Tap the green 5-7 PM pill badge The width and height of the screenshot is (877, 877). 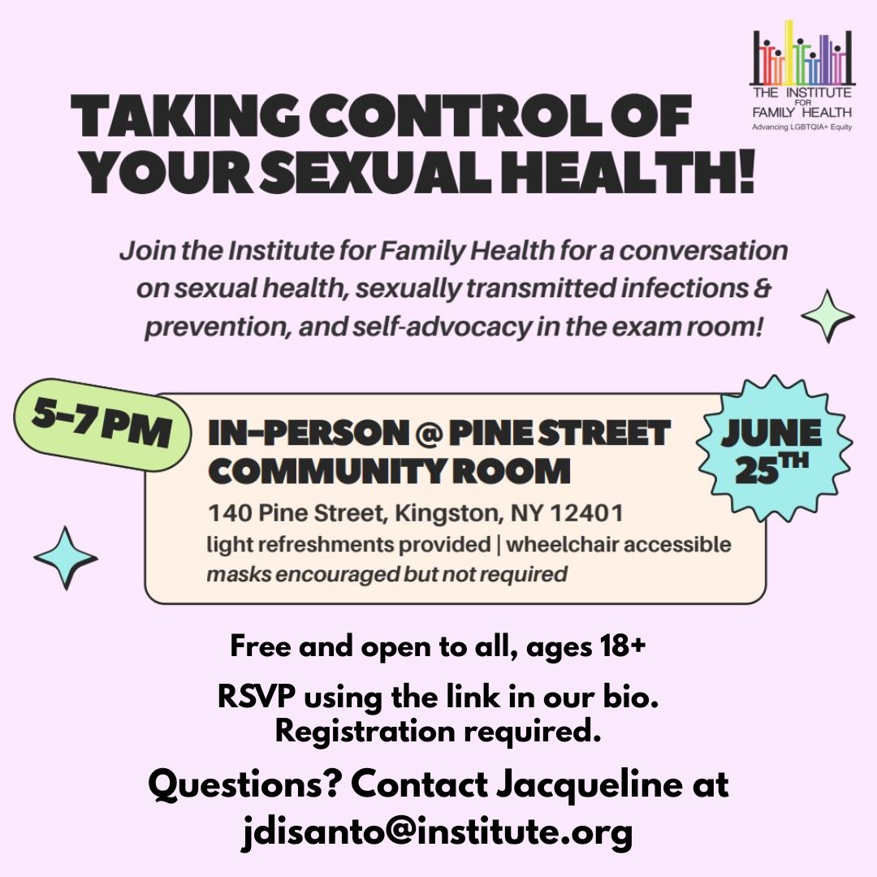click(x=102, y=425)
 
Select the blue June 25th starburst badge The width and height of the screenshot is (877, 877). click(x=774, y=448)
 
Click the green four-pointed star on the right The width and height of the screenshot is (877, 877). click(x=827, y=316)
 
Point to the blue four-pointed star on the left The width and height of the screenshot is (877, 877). click(x=66, y=558)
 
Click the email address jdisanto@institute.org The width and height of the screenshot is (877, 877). click(x=438, y=832)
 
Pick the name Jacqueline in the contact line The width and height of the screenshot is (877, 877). click(x=590, y=784)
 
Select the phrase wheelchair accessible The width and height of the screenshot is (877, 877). click(x=619, y=545)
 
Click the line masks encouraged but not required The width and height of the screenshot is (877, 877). click(x=387, y=574)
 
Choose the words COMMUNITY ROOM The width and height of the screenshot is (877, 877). click(x=389, y=471)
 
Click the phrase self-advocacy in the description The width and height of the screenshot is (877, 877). click(x=442, y=327)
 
